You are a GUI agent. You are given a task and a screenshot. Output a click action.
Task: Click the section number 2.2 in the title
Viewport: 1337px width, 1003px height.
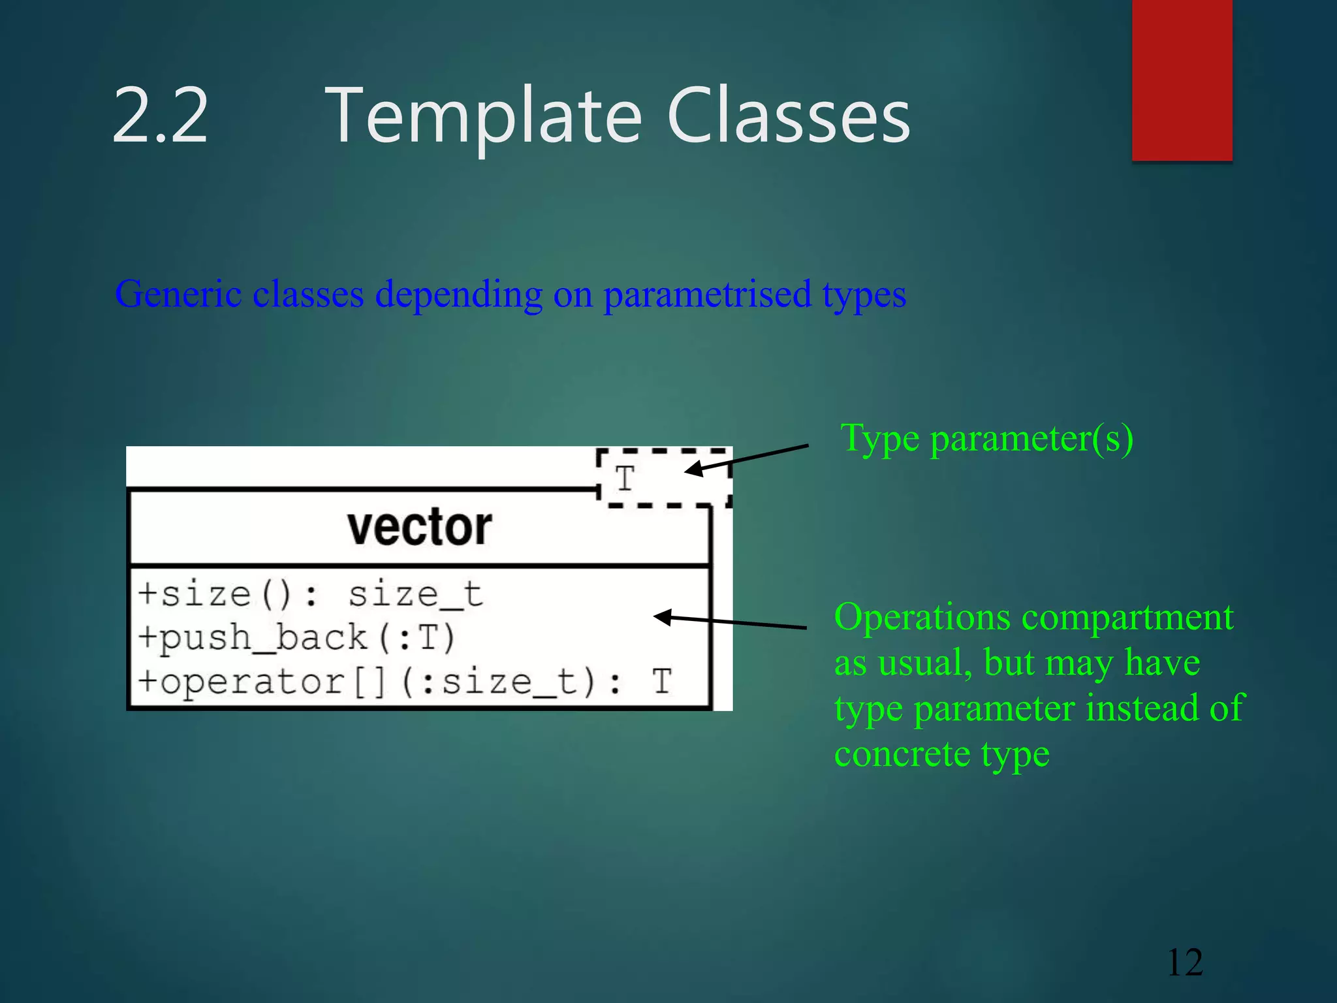pyautogui.click(x=160, y=116)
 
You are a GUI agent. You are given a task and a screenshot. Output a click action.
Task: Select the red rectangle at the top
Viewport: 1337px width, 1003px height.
pyautogui.click(x=1182, y=80)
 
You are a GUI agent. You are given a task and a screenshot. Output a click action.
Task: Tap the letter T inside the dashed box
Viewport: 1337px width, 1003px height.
pyautogui.click(x=625, y=479)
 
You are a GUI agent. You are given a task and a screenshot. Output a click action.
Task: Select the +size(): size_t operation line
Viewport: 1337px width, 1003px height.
pyautogui.click(x=310, y=594)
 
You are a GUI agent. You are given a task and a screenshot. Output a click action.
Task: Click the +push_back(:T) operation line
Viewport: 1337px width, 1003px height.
pyautogui.click(x=296, y=638)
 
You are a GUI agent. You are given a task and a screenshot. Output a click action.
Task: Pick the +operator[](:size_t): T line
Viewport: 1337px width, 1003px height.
pyautogui.click(x=405, y=682)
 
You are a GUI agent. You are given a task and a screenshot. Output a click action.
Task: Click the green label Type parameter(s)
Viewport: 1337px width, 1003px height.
pyautogui.click(x=986, y=438)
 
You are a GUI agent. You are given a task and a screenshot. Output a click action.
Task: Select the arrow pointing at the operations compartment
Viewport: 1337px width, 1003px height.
pyautogui.click(x=730, y=622)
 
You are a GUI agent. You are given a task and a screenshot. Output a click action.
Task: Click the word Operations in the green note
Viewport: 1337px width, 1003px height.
pyautogui.click(x=922, y=617)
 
